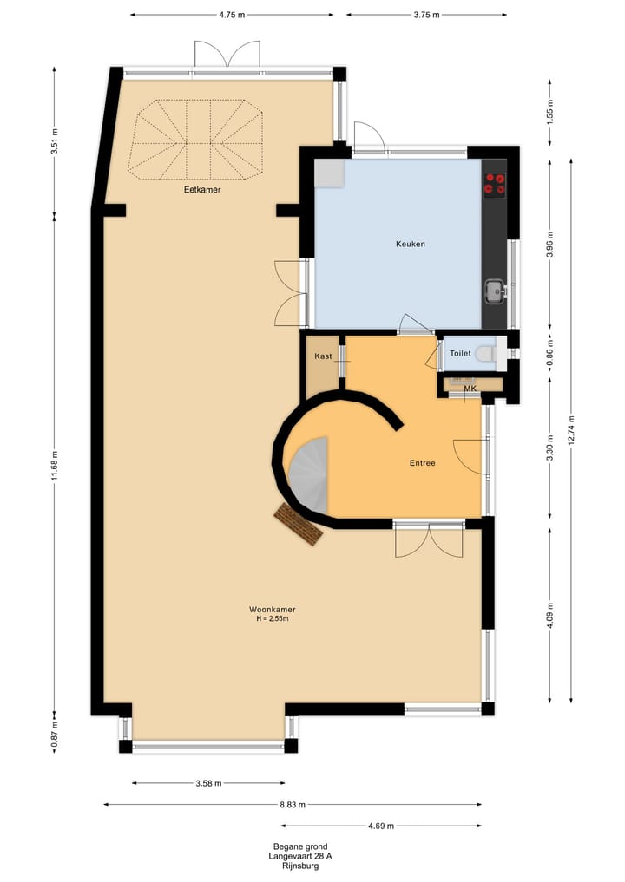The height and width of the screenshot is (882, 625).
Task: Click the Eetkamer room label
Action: point(201,189)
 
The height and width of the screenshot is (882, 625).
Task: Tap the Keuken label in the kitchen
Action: point(410,245)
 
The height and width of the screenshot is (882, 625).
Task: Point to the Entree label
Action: point(422,463)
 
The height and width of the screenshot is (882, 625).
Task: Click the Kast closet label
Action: point(323,356)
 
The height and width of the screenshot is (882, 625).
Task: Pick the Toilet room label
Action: point(460,354)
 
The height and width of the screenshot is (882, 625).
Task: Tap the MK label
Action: point(470,388)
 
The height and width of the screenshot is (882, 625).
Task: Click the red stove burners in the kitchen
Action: point(495,183)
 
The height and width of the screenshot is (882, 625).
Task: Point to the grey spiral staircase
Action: point(310,475)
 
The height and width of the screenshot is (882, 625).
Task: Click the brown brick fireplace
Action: point(297,525)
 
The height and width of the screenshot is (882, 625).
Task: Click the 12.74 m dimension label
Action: point(573,428)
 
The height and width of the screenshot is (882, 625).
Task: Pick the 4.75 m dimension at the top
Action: point(232,15)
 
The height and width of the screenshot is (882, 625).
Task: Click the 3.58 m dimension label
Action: point(207,783)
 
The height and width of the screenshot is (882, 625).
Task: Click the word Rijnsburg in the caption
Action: point(300,866)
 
